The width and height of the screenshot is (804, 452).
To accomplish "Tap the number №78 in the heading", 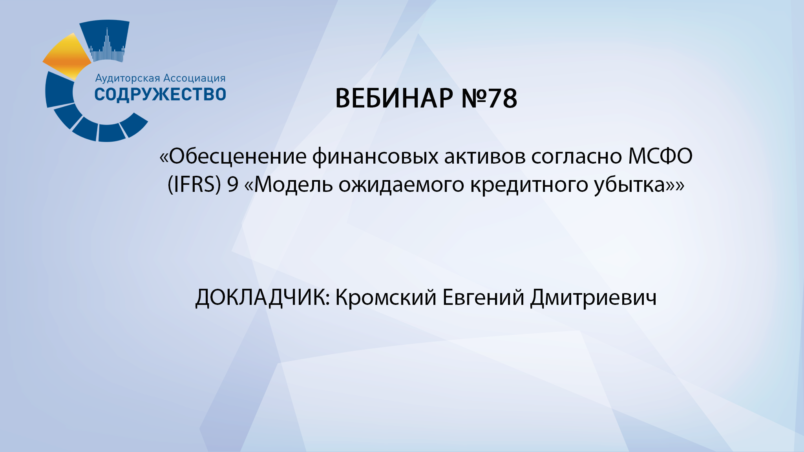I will click(489, 98).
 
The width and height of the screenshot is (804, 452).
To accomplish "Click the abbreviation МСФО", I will click(660, 156).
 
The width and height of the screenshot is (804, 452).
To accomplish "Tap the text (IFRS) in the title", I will click(194, 184).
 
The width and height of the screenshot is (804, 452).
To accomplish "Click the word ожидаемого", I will click(401, 184).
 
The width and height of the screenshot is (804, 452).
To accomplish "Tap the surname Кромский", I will click(386, 297).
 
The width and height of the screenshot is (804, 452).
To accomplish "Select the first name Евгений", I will click(483, 297).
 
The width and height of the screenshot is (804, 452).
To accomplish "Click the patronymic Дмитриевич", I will click(593, 297).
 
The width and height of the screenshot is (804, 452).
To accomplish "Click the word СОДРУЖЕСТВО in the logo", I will click(160, 95).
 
